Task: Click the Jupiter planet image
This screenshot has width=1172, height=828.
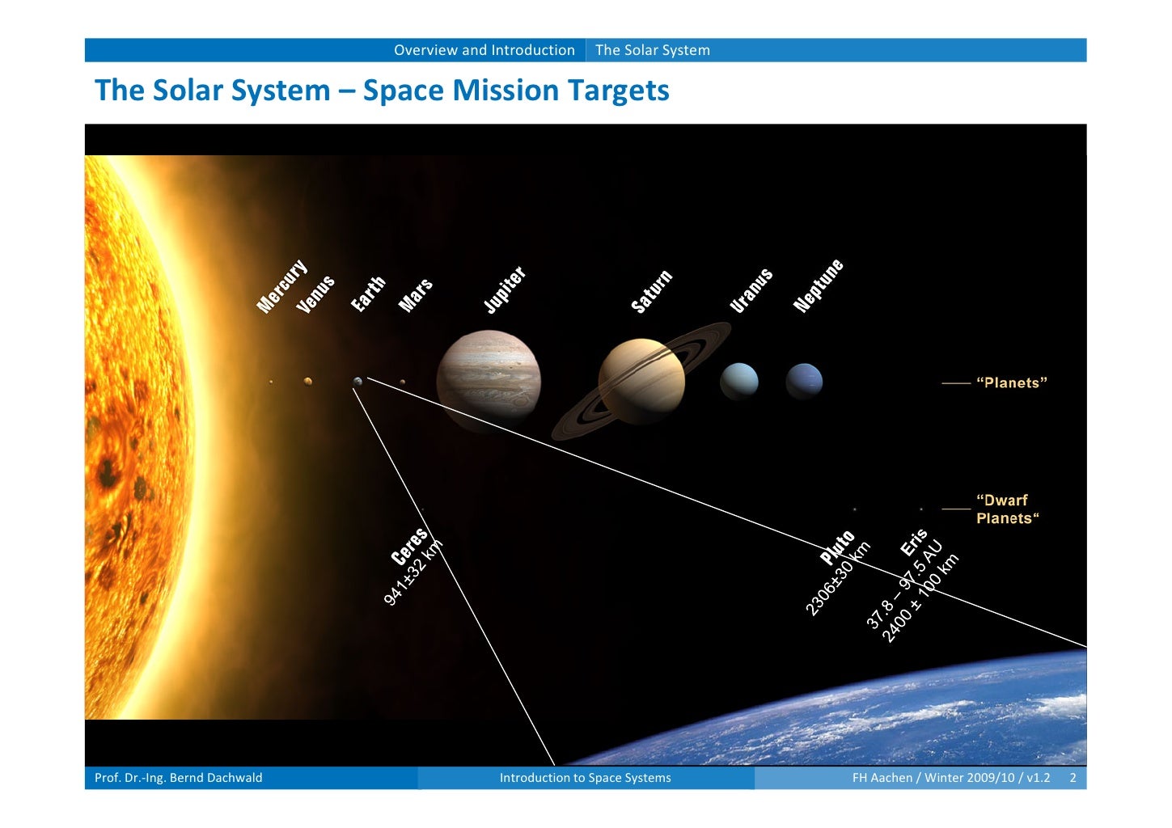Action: click(x=489, y=382)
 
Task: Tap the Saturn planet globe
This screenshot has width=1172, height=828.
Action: click(x=641, y=381)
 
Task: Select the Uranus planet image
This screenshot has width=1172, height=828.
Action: click(x=739, y=381)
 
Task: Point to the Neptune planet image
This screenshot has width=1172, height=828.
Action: click(x=804, y=381)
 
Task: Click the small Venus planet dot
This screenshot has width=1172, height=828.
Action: click(x=307, y=381)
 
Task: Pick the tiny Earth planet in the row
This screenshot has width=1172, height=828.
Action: click(x=358, y=381)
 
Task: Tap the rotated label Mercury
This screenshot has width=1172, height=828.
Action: click(x=281, y=286)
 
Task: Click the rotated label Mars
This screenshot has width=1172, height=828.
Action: click(x=416, y=295)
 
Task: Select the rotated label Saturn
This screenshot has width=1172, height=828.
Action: click(x=651, y=292)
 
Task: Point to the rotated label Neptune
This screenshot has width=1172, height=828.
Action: click(x=818, y=286)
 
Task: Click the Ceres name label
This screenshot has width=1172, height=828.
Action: click(x=408, y=547)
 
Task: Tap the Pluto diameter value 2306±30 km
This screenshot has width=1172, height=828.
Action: click(x=838, y=579)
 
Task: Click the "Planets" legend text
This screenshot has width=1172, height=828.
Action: click(x=1011, y=383)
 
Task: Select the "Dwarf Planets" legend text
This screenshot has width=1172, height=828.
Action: click(x=1006, y=509)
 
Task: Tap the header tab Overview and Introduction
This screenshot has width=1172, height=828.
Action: click(x=484, y=50)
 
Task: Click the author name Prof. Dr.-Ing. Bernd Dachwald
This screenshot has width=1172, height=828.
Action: click(x=179, y=778)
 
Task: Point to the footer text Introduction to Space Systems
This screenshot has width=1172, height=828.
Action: click(x=585, y=778)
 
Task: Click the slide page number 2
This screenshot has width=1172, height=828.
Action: click(x=1073, y=778)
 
